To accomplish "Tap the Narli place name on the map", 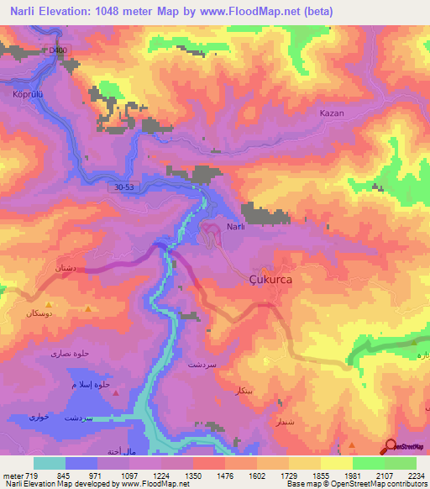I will (235, 227).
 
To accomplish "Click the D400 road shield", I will (57, 50).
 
